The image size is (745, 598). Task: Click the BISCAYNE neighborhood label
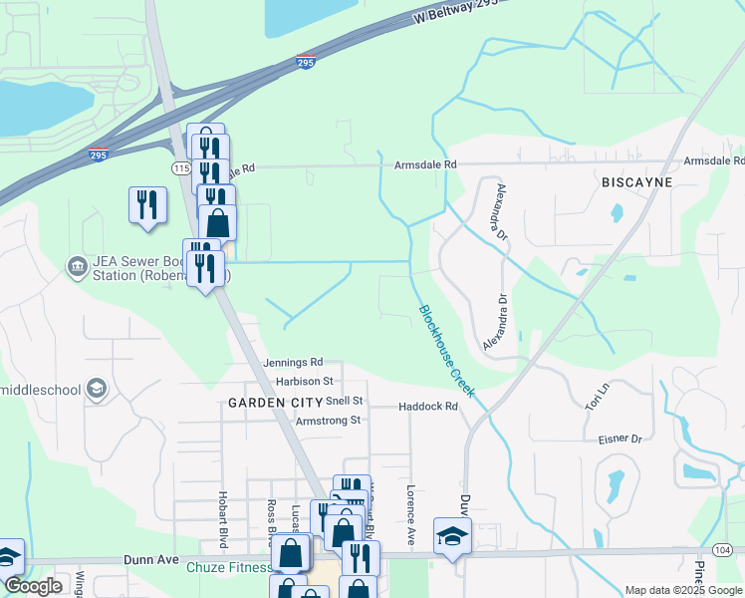pyautogui.click(x=637, y=183)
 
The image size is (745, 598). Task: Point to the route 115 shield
pyautogui.click(x=180, y=168)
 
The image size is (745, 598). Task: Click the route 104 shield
pyautogui.click(x=723, y=549)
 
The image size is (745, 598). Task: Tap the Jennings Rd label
pyautogui.click(x=294, y=363)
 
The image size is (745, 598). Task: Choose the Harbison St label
pyautogui.click(x=305, y=382)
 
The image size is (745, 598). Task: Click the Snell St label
pyautogui.click(x=347, y=401)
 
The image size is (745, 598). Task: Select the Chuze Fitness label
pyautogui.click(x=229, y=568)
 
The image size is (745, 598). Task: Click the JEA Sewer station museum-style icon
pyautogui.click(x=76, y=266)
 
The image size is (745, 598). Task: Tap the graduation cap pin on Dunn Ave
pyautogui.click(x=452, y=537)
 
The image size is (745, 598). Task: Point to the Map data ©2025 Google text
pyautogui.click(x=682, y=590)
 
